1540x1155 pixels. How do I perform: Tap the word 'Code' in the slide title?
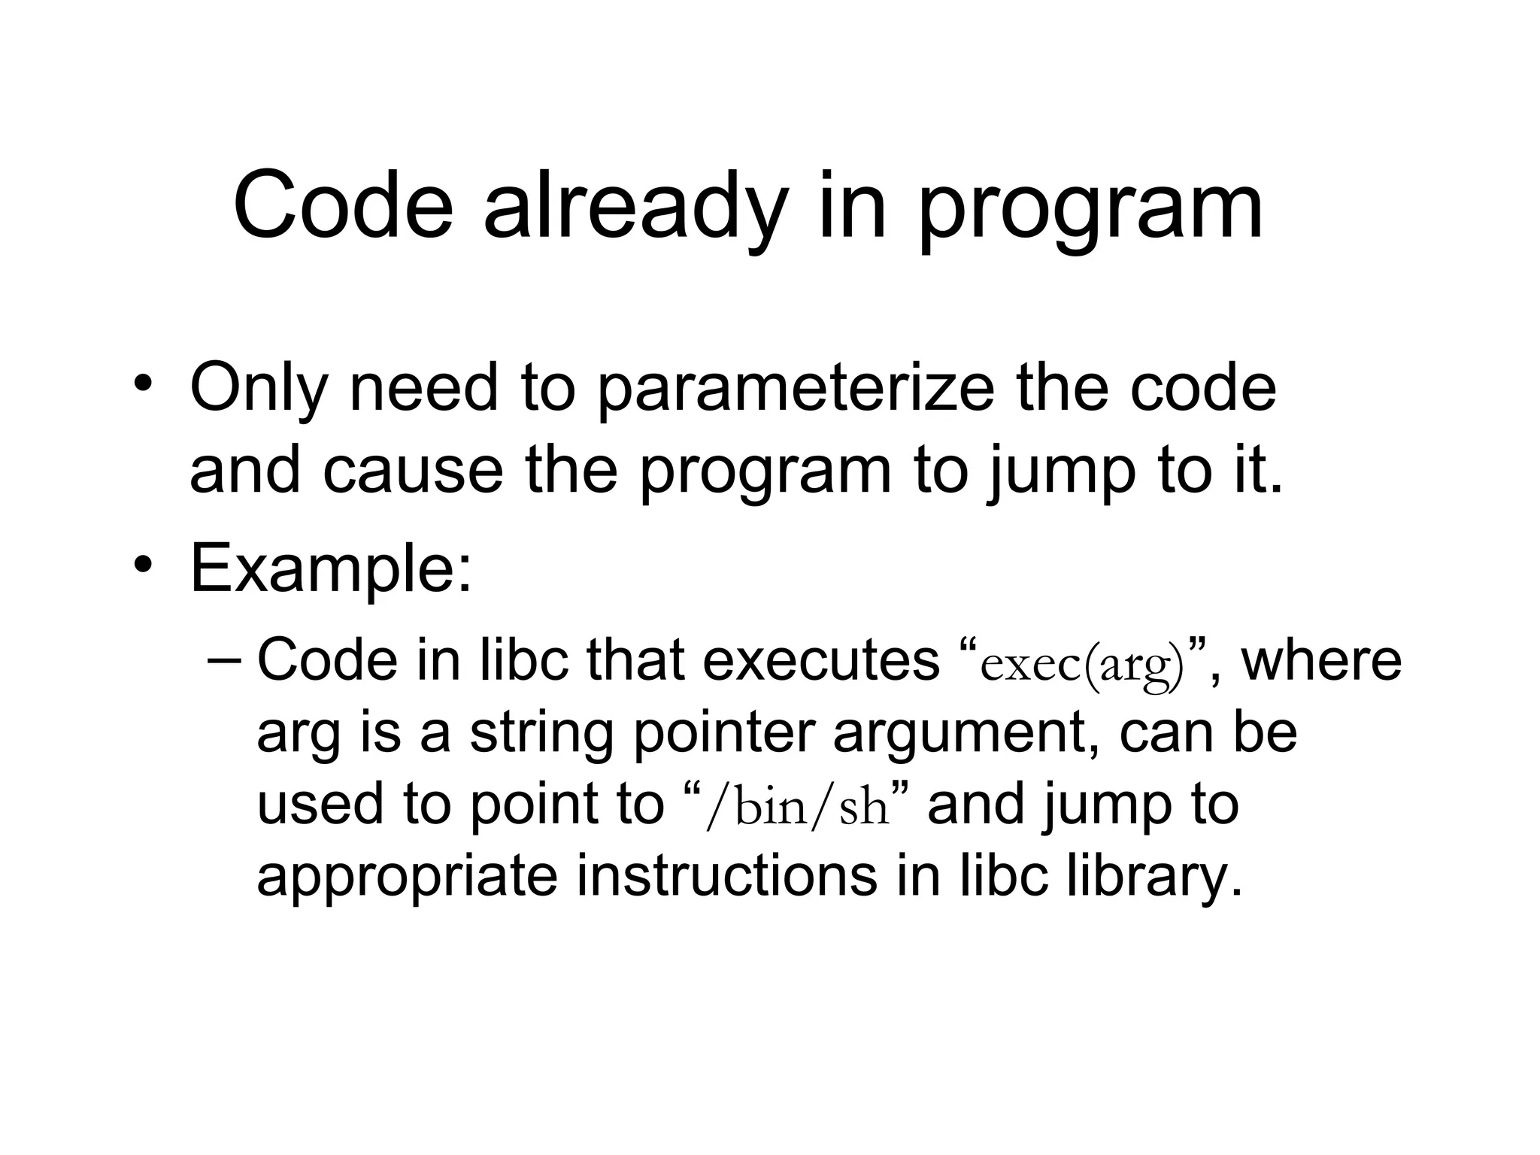(343, 205)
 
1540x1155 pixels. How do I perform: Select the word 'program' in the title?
(1090, 211)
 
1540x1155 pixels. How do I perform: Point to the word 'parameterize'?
(796, 391)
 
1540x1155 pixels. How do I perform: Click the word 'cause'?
(413, 470)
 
